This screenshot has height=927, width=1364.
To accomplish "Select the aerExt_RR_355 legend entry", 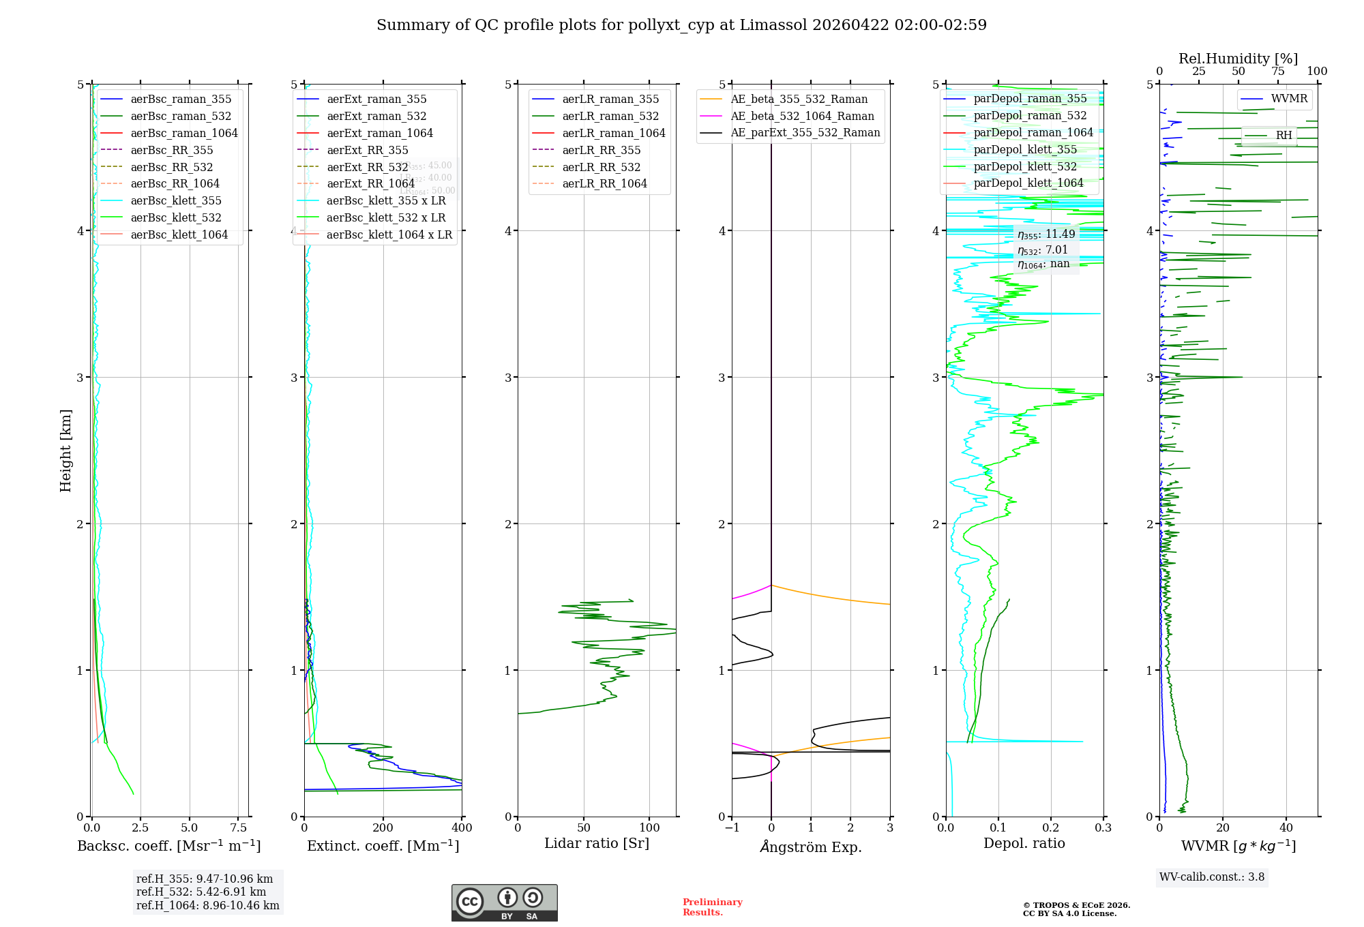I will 367,150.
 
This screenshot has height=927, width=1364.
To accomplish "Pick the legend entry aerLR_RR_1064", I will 604,183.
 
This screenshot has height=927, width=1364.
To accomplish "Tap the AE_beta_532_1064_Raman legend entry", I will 802,116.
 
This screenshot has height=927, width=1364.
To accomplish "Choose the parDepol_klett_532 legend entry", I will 1025,166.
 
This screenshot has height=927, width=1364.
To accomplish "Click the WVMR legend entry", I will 1289,99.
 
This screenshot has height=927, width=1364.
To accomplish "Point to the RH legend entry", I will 1284,135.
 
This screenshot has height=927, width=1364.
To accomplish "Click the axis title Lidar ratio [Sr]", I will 597,843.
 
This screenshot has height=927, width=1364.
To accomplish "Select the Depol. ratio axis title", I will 1024,843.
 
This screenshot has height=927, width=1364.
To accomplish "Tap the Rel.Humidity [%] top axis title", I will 1238,59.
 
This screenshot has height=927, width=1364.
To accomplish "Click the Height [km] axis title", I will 65,450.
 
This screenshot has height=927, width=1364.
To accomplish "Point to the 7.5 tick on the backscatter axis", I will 238,828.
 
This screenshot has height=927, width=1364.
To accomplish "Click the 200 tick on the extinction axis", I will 383,828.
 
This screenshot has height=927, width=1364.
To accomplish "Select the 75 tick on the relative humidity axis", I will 1277,72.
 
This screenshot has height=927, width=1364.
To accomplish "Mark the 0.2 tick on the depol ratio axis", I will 1051,828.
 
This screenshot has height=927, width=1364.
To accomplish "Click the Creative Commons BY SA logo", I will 504,902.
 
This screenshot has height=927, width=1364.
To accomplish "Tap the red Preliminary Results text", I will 712,907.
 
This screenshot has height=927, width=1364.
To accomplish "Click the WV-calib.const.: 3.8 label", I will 1212,877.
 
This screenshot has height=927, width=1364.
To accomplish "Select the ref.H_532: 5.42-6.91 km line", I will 201,892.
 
